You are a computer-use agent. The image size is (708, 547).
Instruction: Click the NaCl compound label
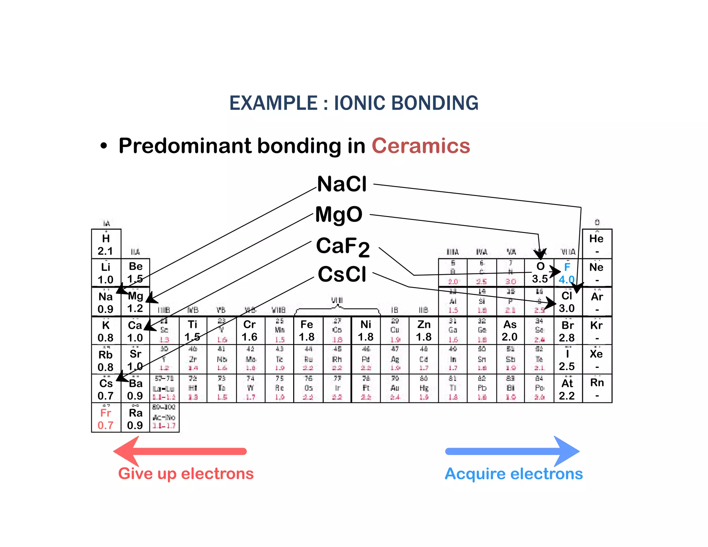[342, 184]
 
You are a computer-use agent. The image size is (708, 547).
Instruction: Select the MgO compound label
[339, 215]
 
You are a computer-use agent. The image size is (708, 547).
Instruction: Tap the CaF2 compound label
[343, 247]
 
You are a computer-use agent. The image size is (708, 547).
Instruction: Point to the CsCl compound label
[342, 275]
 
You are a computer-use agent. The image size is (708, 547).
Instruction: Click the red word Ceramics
[421, 146]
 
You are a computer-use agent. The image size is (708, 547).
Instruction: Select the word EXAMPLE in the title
[273, 103]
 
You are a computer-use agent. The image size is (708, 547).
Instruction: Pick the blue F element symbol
[567, 267]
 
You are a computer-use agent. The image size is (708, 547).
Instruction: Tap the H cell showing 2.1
[106, 244]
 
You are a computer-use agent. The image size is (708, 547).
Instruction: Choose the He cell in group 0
[597, 243]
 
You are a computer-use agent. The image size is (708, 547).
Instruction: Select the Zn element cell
[424, 331]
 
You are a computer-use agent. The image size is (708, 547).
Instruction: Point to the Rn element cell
[597, 388]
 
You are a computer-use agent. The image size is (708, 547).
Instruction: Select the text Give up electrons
[186, 474]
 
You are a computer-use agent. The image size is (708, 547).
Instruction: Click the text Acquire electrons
[514, 474]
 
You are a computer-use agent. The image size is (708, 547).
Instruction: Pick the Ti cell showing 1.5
[193, 331]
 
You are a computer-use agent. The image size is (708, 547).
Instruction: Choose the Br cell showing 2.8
[567, 331]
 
